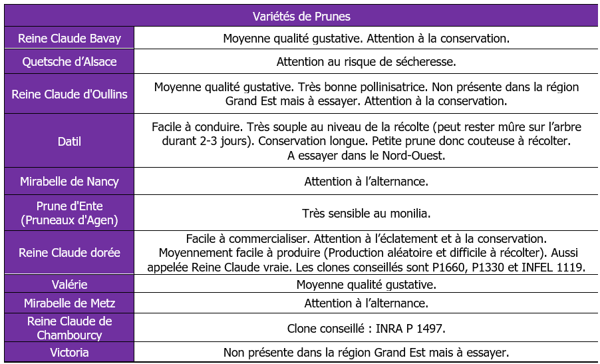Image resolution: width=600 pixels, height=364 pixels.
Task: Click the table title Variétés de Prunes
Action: (301, 16)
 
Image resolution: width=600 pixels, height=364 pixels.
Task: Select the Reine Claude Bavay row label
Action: (69, 39)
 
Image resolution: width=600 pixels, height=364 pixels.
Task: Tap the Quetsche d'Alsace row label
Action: (69, 62)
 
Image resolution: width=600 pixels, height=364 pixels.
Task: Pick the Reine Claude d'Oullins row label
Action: (69, 94)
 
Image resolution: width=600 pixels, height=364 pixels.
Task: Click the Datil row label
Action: (69, 141)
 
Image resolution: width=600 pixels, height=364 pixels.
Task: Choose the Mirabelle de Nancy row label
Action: (69, 181)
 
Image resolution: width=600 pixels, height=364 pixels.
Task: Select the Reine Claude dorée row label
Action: (69, 253)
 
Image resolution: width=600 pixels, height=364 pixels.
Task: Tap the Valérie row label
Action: (69, 285)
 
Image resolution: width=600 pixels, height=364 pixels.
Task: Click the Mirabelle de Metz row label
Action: (69, 303)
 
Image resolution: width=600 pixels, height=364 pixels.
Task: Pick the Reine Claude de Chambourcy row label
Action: (69, 328)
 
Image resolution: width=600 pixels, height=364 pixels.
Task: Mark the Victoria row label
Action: (69, 352)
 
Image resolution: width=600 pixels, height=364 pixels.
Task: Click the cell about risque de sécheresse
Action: (366, 62)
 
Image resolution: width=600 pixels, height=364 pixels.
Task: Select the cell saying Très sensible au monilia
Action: (366, 214)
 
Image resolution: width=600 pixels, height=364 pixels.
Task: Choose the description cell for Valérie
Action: (366, 285)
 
